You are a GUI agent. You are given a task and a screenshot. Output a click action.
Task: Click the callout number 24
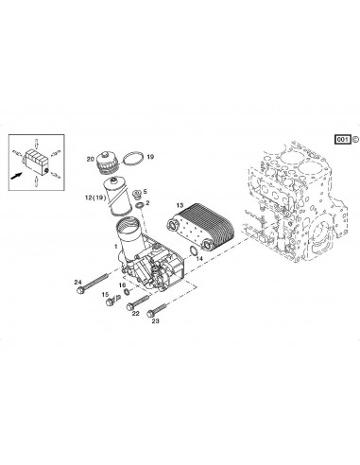point(79,279)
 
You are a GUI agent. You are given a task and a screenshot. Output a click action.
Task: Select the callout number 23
point(155,321)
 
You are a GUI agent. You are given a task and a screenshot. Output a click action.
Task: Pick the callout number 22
point(136,313)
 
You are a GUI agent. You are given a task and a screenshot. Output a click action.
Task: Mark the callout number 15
point(105,294)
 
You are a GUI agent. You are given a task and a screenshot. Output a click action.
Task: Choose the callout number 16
point(121,284)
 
